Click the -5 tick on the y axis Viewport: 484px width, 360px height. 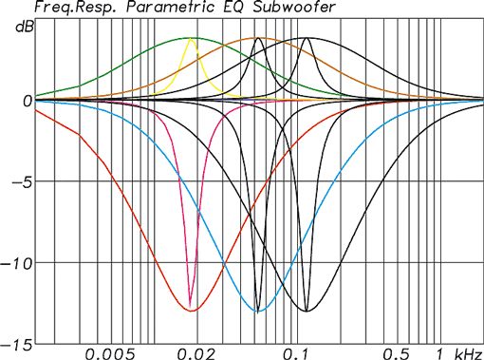[x=21, y=181]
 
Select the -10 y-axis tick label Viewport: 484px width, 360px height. [x=18, y=263]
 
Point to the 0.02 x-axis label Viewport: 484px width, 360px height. [x=194, y=353]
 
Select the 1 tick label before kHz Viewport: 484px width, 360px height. [x=437, y=353]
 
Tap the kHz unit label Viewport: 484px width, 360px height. [x=466, y=353]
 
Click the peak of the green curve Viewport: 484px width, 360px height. [x=192, y=38]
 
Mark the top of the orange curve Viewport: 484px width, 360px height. [x=258, y=38]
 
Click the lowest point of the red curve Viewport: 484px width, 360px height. [x=192, y=311]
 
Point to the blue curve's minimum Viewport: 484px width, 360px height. [x=258, y=311]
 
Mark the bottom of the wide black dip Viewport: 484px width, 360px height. [x=307, y=311]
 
